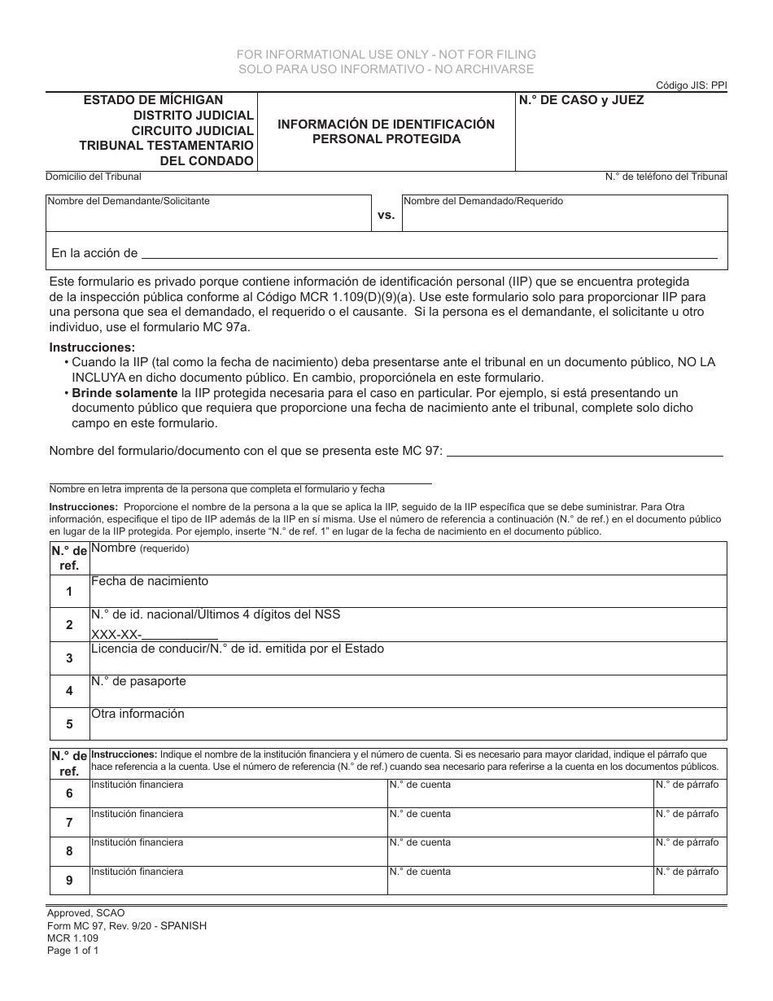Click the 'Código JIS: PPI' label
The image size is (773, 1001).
[x=691, y=85]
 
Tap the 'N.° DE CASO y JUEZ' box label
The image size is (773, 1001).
[x=582, y=100]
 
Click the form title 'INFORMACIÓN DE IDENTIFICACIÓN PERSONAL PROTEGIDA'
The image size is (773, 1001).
[x=386, y=132]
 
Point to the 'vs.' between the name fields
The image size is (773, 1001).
[x=386, y=215]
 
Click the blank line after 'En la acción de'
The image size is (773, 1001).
[x=430, y=255]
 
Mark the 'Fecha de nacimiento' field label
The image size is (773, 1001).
[x=150, y=581]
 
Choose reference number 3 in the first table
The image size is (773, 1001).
[x=69, y=658]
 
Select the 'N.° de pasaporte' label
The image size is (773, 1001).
[x=138, y=681]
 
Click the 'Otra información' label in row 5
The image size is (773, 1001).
[x=138, y=714]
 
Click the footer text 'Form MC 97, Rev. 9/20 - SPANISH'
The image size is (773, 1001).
[x=126, y=925]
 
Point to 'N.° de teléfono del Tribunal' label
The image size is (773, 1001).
[x=666, y=177]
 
